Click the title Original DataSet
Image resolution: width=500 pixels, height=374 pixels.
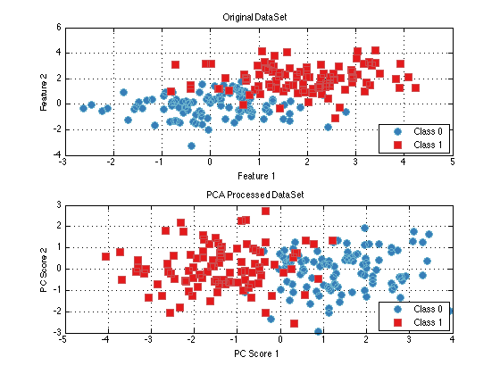pyautogui.click(x=254, y=17)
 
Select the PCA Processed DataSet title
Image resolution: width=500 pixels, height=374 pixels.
pyautogui.click(x=255, y=195)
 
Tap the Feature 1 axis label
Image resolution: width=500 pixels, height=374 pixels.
pyautogui.click(x=256, y=176)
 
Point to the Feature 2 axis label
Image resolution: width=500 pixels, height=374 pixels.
pyautogui.click(x=44, y=92)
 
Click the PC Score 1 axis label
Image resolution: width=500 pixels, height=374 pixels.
pyautogui.click(x=256, y=353)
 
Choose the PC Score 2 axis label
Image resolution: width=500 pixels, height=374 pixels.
pyautogui.click(x=44, y=270)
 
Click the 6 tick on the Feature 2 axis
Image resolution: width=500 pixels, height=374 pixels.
pyautogui.click(x=59, y=28)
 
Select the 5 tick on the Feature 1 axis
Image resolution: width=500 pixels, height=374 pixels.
pyautogui.click(x=453, y=162)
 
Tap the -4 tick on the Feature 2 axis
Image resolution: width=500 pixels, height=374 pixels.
pyautogui.click(x=57, y=155)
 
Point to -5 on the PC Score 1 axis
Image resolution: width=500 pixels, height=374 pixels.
pyautogui.click(x=62, y=339)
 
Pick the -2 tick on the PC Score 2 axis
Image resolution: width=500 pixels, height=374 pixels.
pyautogui.click(x=57, y=312)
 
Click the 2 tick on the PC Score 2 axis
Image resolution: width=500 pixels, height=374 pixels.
pyautogui.click(x=59, y=226)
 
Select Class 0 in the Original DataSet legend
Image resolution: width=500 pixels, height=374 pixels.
pyautogui.click(x=428, y=131)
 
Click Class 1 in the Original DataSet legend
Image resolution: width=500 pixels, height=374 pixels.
pyautogui.click(x=428, y=145)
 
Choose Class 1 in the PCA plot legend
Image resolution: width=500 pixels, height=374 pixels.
pyautogui.click(x=428, y=322)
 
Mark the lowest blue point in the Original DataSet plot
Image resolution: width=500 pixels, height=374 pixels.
pyautogui.click(x=191, y=146)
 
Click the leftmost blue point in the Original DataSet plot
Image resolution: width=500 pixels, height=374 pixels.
pyautogui.click(x=84, y=108)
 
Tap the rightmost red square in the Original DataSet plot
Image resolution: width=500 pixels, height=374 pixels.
pyautogui.click(x=415, y=87)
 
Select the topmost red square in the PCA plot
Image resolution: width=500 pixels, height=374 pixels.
pyautogui.click(x=265, y=211)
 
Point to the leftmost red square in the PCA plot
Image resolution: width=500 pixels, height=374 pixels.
pyautogui.click(x=106, y=257)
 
